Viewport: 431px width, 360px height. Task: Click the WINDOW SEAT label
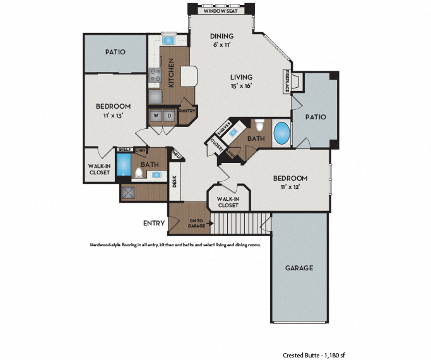[220, 11]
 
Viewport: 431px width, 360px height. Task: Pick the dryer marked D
[169, 116]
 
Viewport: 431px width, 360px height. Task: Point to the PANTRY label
[187, 111]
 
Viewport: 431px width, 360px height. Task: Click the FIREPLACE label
[287, 81]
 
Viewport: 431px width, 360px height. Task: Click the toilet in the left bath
[139, 172]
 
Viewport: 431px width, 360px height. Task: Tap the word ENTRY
[154, 223]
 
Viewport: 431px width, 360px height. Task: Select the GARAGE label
[298, 268]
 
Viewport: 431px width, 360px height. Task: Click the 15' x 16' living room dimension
[240, 86]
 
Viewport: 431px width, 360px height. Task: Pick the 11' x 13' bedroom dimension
[114, 116]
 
